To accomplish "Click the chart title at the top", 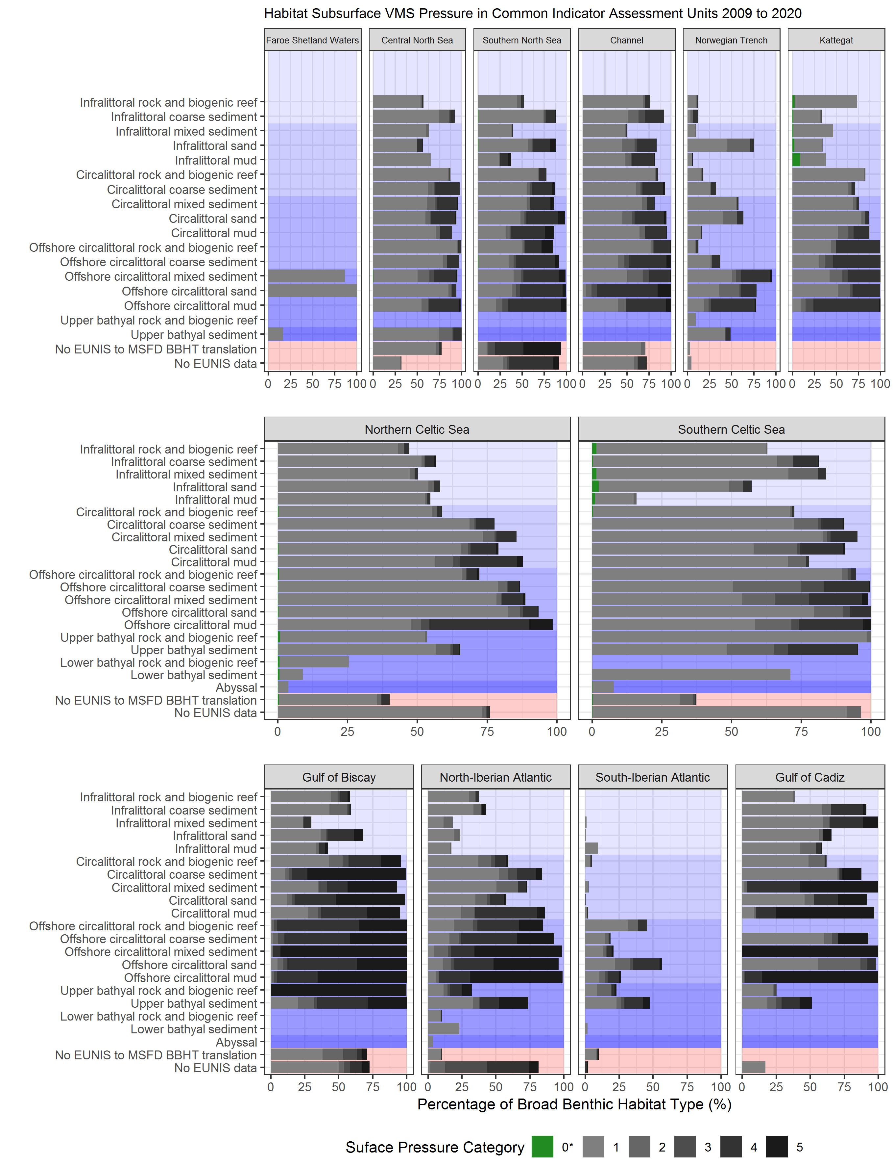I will pos(533,13).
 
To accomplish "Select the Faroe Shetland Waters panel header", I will pos(313,40).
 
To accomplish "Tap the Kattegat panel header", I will pos(836,40).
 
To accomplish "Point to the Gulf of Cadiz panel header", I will pos(809,777).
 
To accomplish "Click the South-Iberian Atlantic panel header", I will pos(652,777).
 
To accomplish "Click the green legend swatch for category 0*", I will pos(542,1147).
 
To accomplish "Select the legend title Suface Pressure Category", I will pos(435,1147).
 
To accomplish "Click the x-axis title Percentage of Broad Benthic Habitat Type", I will pos(574,1104).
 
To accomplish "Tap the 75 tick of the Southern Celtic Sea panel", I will pos(801,731).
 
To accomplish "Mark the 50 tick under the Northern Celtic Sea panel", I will pos(417,731).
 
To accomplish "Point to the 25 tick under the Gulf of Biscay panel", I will pos(304,1087).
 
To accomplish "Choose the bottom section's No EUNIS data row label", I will pos(215,1068).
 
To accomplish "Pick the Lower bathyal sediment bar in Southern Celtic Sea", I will pos(691,675).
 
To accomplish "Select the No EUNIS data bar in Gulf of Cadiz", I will pos(754,1067).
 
